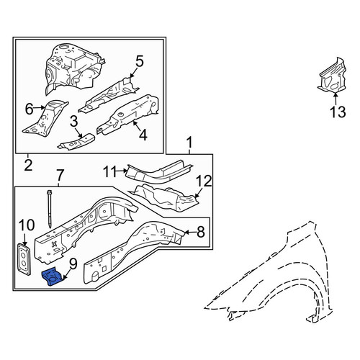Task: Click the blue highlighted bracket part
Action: tap(53, 277)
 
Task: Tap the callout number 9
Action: tap(73, 264)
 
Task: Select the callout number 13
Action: tap(338, 112)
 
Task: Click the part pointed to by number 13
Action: tap(333, 76)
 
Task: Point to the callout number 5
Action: tap(140, 61)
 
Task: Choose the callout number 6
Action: tap(29, 109)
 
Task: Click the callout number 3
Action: tap(74, 121)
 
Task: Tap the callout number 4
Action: tap(143, 135)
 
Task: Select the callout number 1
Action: tap(189, 143)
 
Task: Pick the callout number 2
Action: tap(28, 165)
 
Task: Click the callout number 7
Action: tap(60, 176)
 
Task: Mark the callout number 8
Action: tap(200, 232)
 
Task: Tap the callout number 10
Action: tap(27, 225)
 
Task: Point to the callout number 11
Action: tap(110, 172)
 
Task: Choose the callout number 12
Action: tap(204, 181)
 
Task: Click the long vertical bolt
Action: tap(50, 209)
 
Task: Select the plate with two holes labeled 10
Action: tap(24, 259)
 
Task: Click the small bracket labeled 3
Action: tap(76, 142)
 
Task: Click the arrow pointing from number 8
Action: tap(190, 232)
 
